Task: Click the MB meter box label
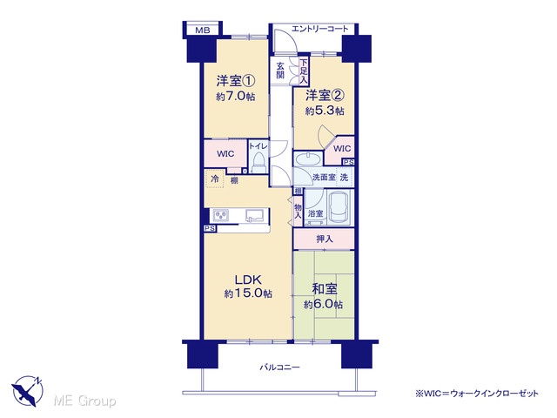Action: point(203,30)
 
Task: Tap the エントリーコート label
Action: point(319,29)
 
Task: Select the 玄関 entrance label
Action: point(280,70)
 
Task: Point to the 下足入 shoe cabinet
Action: point(304,71)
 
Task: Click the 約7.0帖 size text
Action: point(236,97)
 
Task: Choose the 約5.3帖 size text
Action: point(325,111)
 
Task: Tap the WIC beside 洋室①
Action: point(225,153)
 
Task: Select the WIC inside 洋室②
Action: point(341,149)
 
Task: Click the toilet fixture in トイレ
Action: point(258,163)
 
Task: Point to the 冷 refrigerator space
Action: point(214,179)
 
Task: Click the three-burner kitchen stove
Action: point(220,215)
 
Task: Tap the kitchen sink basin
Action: point(255,215)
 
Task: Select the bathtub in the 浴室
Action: point(339,207)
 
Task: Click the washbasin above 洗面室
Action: point(307,159)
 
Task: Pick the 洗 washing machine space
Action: point(344,177)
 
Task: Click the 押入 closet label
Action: point(325,239)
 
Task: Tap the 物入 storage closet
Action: point(298,211)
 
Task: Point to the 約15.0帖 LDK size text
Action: point(248,294)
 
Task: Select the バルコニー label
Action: point(279,367)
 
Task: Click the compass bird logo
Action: point(28,391)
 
